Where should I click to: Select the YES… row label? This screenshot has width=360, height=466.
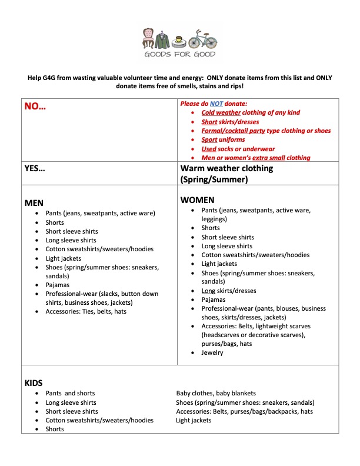[35, 168]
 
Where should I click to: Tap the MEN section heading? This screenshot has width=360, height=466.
[34, 202]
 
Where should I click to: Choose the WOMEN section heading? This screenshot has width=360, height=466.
[197, 200]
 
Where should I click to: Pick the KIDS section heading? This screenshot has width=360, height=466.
[33, 382]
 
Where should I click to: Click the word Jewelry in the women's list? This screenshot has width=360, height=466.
[212, 352]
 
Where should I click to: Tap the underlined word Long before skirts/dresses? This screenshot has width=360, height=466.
[208, 291]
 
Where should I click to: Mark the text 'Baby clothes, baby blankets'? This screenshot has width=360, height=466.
[216, 393]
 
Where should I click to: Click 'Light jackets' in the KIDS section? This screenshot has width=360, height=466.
[194, 420]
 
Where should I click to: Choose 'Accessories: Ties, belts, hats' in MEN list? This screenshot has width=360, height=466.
[86, 311]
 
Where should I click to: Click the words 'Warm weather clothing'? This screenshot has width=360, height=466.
[226, 168]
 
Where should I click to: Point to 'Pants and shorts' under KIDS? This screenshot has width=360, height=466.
[70, 393]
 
